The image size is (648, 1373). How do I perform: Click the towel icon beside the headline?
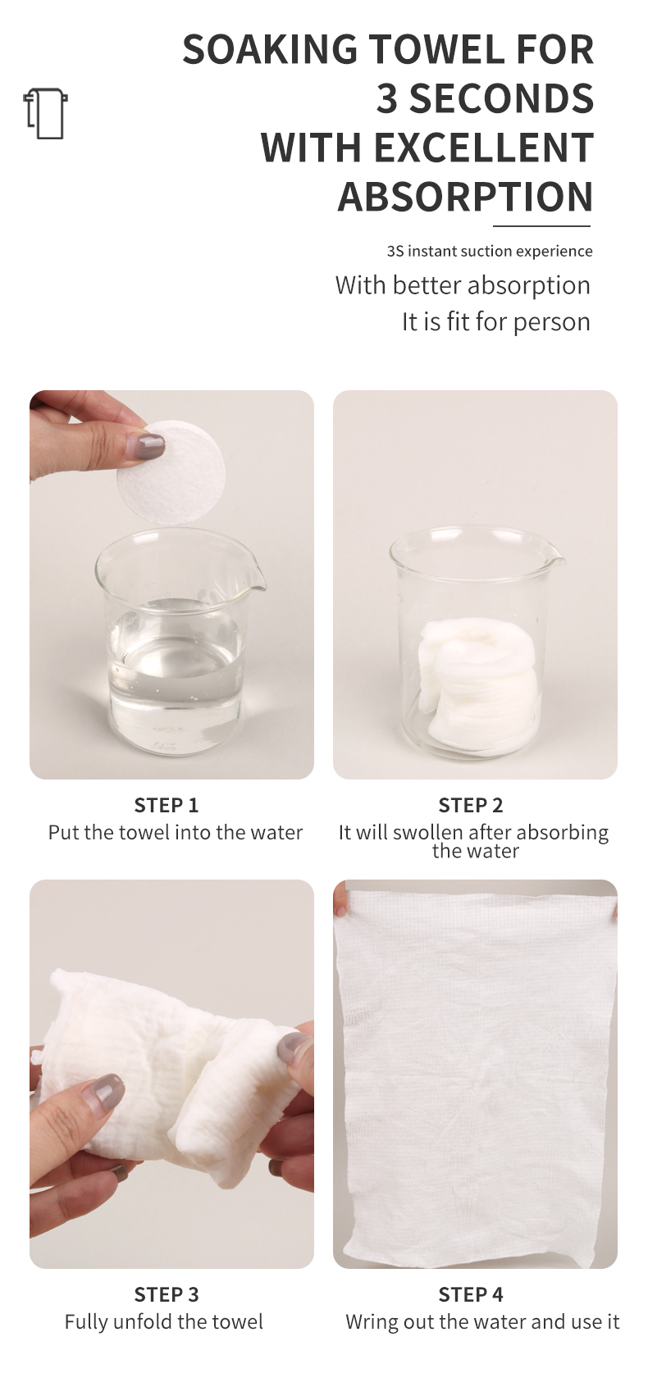(45, 113)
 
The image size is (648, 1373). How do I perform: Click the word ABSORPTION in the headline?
(465, 197)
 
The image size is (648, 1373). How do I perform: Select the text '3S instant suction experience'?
(490, 251)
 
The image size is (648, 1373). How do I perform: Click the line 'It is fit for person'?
(495, 321)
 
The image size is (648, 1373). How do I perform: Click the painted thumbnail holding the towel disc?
(149, 446)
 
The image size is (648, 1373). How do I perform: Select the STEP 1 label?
(167, 805)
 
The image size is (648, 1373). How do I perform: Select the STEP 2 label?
(471, 805)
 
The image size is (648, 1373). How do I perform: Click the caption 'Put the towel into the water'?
(176, 833)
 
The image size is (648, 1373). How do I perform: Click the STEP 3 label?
(167, 1294)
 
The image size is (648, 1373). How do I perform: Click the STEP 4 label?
(471, 1294)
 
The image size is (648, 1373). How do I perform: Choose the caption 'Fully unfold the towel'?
(164, 1321)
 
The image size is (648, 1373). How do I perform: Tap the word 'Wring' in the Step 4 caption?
(367, 1322)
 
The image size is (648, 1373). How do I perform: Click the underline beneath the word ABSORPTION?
(541, 225)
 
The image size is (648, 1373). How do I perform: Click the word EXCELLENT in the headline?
(483, 148)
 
